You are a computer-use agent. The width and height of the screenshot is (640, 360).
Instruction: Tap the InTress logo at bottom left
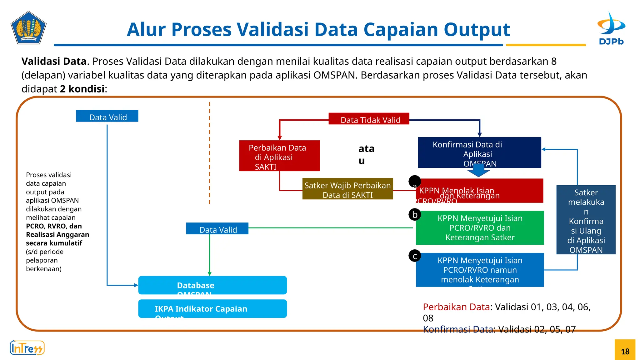tap(27, 348)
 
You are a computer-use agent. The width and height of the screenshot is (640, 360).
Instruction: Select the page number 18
tap(625, 351)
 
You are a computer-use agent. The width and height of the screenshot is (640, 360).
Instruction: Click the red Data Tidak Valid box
tap(369, 119)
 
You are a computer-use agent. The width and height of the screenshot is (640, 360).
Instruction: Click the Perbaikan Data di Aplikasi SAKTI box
tap(279, 156)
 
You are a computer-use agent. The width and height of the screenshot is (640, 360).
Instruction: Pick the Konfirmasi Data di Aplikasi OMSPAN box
tap(479, 152)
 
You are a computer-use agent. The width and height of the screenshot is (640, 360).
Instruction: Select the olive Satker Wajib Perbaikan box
tap(347, 189)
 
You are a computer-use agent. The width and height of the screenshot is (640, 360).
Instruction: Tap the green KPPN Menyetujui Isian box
tap(480, 228)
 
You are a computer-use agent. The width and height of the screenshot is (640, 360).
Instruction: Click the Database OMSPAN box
tap(212, 285)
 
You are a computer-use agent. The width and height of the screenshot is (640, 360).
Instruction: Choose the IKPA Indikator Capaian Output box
tap(212, 309)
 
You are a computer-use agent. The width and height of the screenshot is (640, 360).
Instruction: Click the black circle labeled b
tap(415, 214)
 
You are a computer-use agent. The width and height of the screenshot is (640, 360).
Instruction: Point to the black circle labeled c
tap(415, 256)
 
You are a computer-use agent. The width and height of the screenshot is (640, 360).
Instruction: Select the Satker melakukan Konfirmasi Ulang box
tap(586, 220)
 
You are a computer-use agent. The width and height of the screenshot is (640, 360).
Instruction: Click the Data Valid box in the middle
tap(217, 228)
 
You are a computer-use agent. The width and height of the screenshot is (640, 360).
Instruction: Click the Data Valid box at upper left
tap(107, 116)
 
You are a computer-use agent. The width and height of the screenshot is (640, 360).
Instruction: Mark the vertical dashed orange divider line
tap(210, 153)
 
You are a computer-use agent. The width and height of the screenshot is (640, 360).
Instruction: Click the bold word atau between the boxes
tap(366, 154)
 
